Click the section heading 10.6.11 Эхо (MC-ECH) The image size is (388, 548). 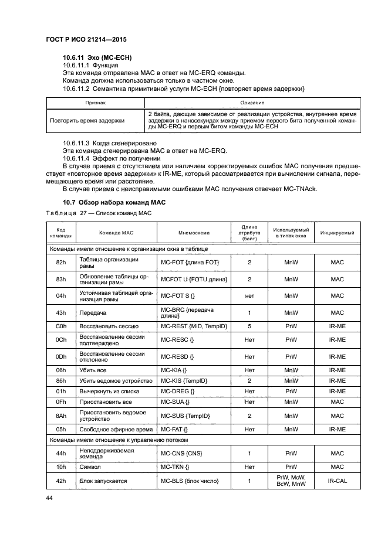click(x=97, y=57)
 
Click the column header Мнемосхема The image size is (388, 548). click(x=193, y=233)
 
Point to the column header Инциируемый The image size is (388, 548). click(x=337, y=233)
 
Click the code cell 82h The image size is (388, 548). click(x=60, y=263)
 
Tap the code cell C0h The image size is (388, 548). click(x=60, y=325)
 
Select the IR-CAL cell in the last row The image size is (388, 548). click(x=337, y=481)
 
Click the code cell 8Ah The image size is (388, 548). click(x=60, y=416)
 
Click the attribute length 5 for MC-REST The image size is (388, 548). click(x=249, y=325)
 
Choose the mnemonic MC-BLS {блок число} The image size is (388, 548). click(x=190, y=481)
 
